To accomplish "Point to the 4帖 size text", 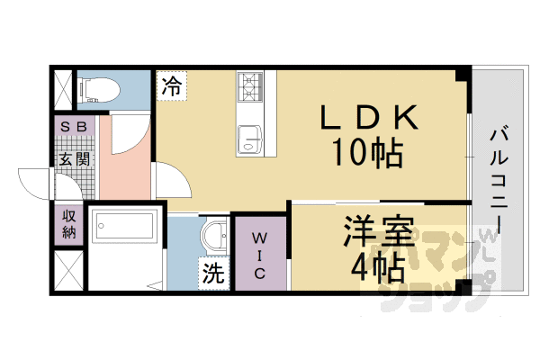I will [377, 267].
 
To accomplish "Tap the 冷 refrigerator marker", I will [172, 86].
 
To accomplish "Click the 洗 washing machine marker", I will [212, 274].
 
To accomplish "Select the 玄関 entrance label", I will [74, 159].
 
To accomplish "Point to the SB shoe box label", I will [74, 127].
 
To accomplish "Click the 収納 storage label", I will [68, 223].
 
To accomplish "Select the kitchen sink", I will [248, 139].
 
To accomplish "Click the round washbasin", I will [214, 238].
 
